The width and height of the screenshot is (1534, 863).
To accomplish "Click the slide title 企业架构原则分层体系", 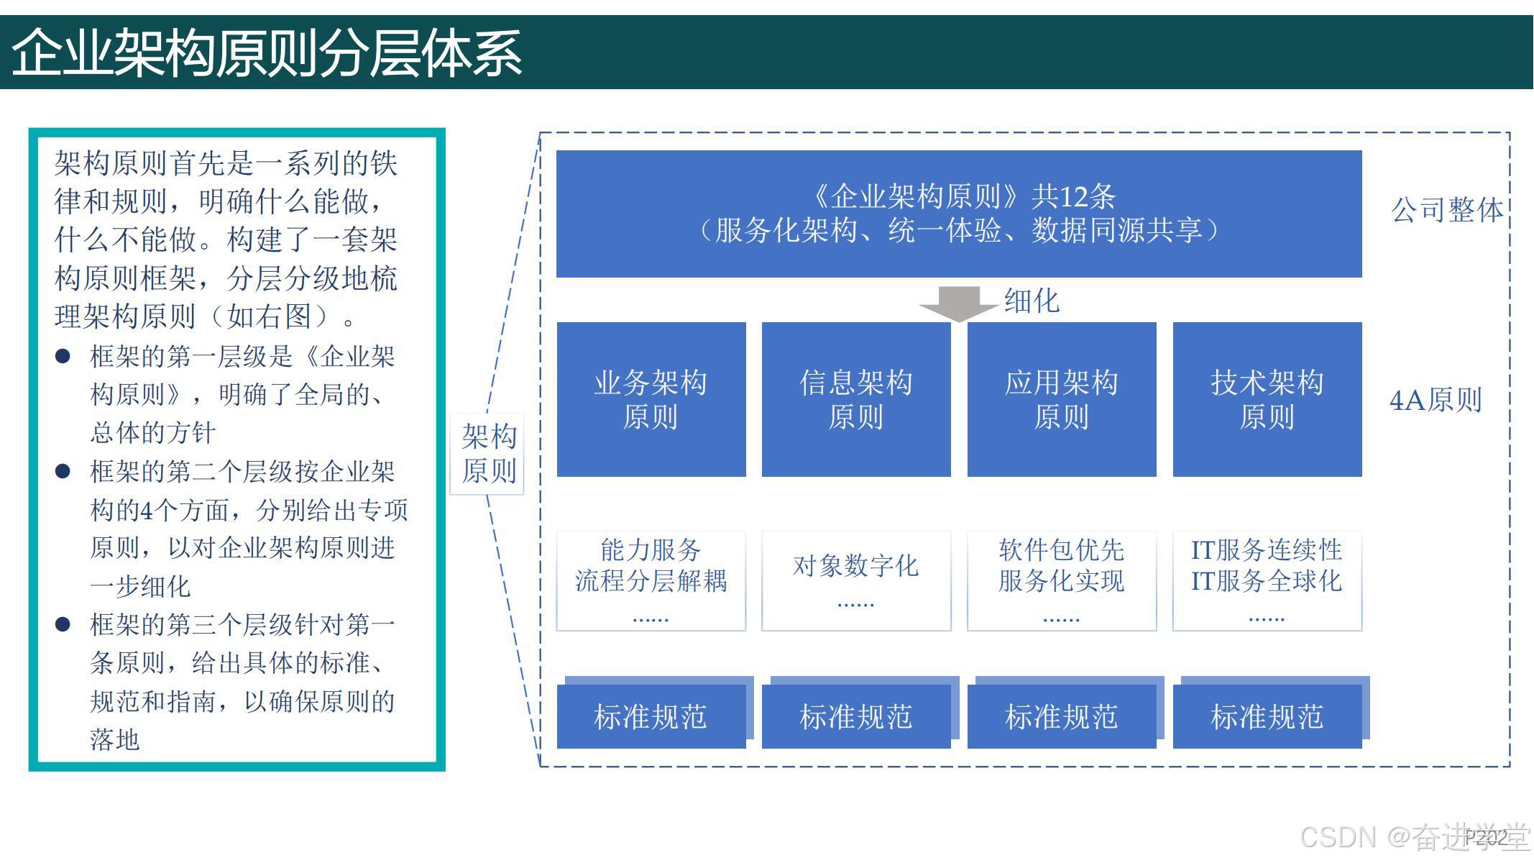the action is click(x=266, y=52).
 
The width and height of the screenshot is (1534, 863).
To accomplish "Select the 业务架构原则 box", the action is click(x=651, y=399).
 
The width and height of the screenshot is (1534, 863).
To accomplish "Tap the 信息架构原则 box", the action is click(x=856, y=399).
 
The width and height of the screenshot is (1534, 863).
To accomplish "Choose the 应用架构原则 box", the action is click(x=1062, y=399).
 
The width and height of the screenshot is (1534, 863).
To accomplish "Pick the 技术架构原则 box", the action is click(x=1267, y=399).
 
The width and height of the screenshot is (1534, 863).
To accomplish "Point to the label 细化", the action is click(x=1032, y=301).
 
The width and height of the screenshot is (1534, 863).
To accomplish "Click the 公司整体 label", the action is click(x=1447, y=210).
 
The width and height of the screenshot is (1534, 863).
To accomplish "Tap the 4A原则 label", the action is click(x=1436, y=400).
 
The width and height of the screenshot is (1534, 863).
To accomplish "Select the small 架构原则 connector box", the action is click(x=488, y=454).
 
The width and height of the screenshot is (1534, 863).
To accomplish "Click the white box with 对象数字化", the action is click(x=856, y=580).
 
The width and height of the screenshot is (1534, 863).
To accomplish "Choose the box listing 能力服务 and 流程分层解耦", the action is click(x=651, y=580).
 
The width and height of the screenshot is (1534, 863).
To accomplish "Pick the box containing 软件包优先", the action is click(x=1062, y=580).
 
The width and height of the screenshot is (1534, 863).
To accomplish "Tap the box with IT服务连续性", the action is click(x=1267, y=580).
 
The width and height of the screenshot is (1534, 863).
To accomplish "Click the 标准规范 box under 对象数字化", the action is click(x=856, y=716).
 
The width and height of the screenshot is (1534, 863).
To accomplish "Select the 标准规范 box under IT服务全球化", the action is click(x=1267, y=716).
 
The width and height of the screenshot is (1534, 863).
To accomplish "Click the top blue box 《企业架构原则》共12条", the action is click(x=959, y=214).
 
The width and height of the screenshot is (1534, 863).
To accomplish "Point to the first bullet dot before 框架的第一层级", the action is click(x=63, y=356).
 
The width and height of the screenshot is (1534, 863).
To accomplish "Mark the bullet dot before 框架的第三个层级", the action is click(x=63, y=624).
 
